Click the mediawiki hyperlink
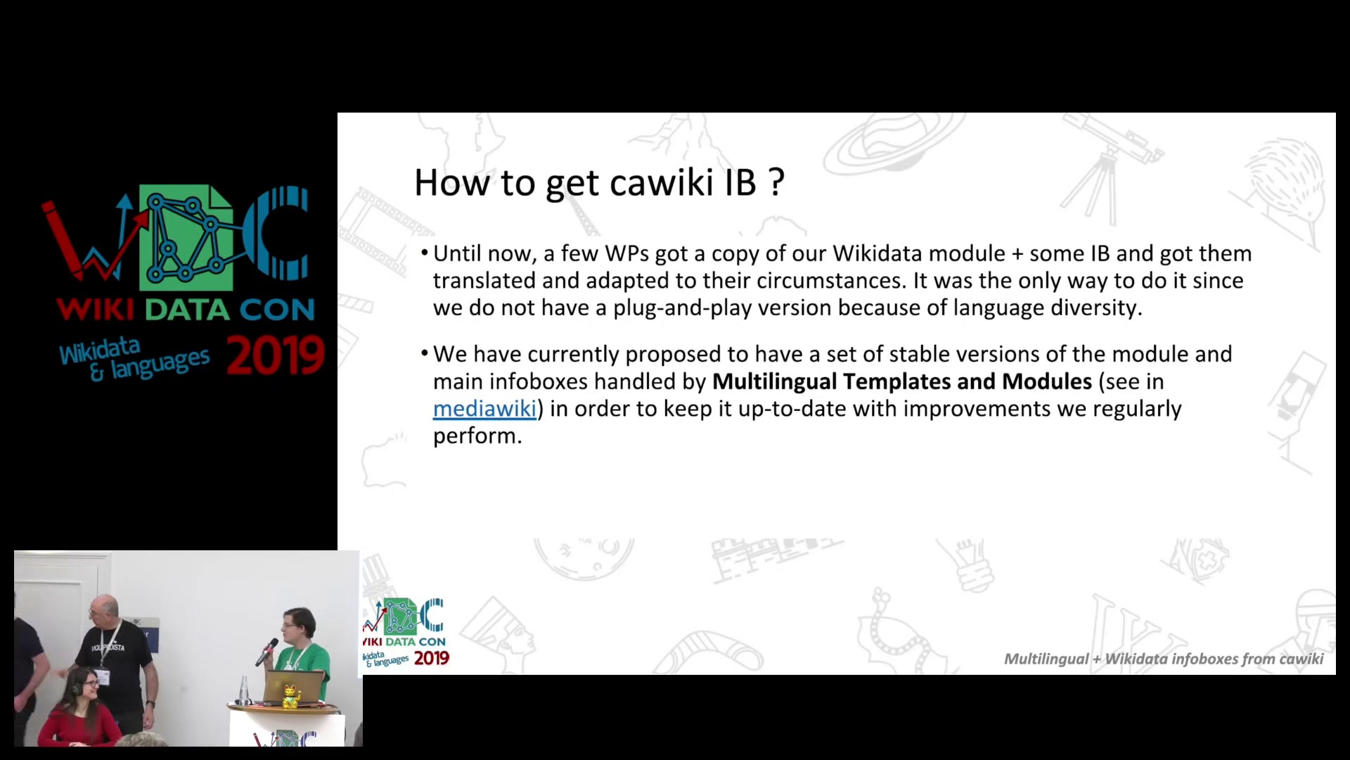484,408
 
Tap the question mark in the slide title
777,182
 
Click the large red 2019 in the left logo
275,356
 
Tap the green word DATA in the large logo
187,310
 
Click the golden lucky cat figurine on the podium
290,696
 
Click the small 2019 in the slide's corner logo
431,659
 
